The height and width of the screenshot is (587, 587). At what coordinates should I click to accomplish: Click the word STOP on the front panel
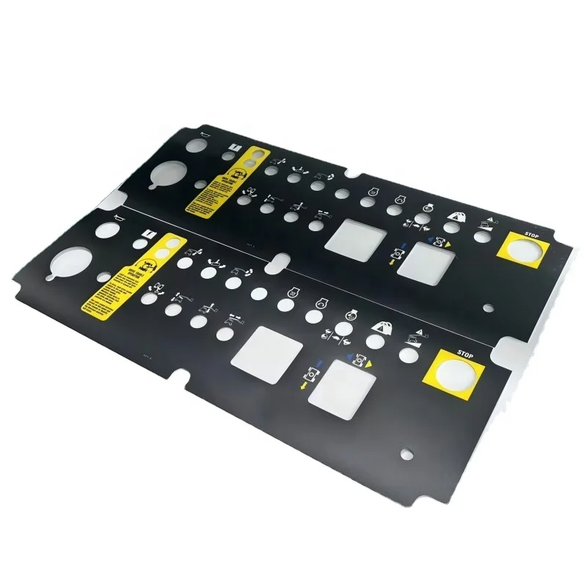(x=467, y=354)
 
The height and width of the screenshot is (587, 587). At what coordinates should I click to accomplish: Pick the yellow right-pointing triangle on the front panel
(x=370, y=364)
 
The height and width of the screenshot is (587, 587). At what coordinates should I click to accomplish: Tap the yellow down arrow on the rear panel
(x=392, y=261)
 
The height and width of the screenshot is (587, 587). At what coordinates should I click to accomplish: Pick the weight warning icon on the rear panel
(x=456, y=216)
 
